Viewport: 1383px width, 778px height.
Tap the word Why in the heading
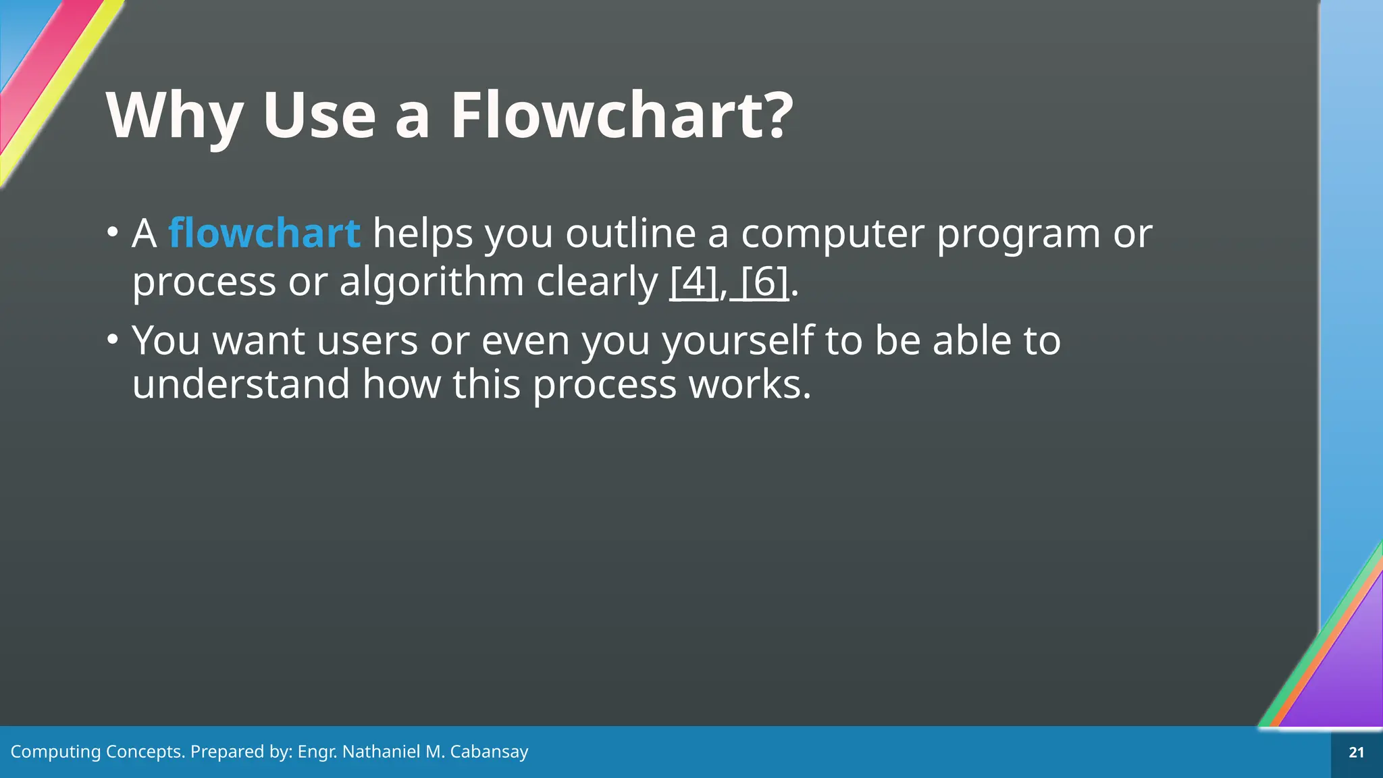[174, 116]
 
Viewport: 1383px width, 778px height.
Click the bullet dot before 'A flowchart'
[112, 232]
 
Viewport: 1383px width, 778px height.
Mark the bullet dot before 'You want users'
[112, 338]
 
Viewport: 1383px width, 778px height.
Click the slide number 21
[1356, 752]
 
